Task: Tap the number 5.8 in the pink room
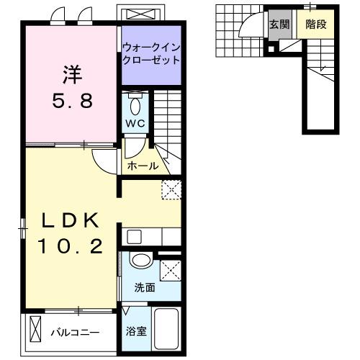[71, 101]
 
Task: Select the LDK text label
[68, 219]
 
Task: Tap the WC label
[136, 123]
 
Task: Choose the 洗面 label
[144, 288]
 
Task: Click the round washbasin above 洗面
[141, 261]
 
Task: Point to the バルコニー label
[74, 333]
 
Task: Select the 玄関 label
[279, 24]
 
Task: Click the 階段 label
[315, 24]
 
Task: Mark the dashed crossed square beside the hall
[171, 189]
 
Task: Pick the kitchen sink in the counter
[133, 235]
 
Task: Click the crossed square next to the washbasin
[170, 271]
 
